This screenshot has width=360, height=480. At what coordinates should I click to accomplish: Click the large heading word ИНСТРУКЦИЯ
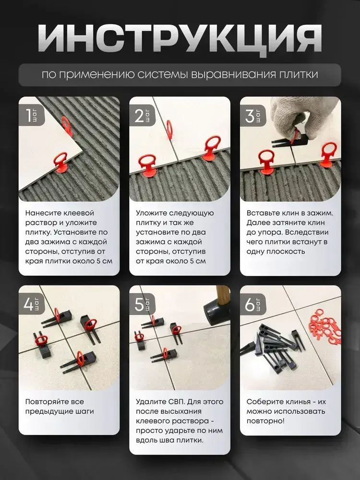(180, 38)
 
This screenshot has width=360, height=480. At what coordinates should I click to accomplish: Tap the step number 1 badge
(32, 116)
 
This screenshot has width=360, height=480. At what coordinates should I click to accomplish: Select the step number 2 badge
(143, 116)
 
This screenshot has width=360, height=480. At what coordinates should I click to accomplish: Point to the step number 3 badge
(253, 116)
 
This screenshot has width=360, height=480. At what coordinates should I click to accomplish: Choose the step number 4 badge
(32, 304)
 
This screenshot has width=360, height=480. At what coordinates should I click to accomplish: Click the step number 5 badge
(143, 304)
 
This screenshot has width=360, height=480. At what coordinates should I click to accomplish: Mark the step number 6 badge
(253, 304)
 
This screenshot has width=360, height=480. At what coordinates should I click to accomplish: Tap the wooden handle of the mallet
(222, 295)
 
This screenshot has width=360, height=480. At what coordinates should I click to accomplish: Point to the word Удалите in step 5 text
(151, 402)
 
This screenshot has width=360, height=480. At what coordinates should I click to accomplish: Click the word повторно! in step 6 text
(265, 421)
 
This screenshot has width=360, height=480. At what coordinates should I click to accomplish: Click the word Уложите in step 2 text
(152, 213)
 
